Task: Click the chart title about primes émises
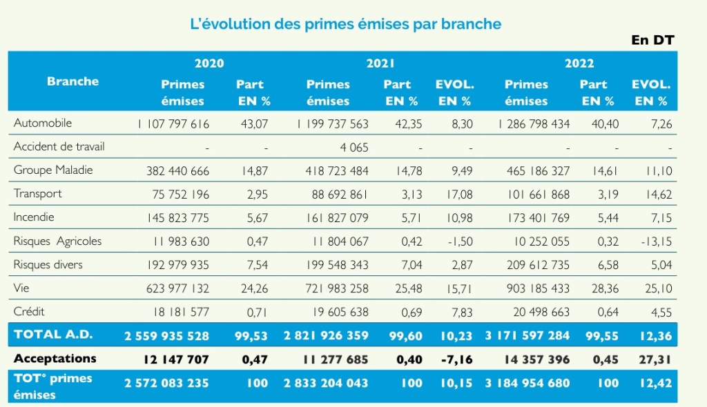345,24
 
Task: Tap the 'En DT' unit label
652,40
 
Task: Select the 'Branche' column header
72,81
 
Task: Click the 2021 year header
380,63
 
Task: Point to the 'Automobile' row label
43,123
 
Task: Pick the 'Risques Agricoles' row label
57,241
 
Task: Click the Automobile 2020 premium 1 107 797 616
173,124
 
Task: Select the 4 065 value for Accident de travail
354,148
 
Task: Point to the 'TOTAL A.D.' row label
54,335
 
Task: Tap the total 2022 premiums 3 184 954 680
527,383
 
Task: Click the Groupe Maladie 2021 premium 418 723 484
335,170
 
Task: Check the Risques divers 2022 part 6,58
594,265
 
